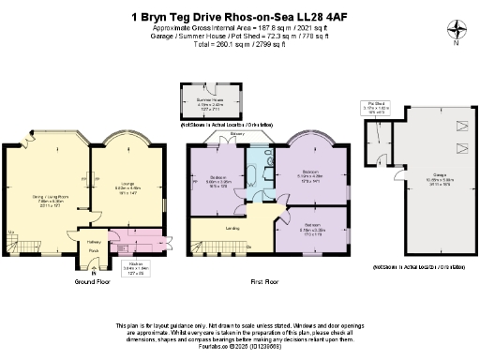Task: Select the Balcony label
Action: tap(250, 133)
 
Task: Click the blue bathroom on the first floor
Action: tap(256, 176)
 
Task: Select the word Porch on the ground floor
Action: tap(93, 250)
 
